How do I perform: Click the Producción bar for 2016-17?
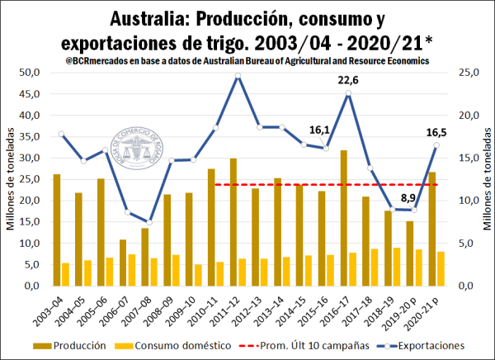pyautogui.click(x=343, y=218)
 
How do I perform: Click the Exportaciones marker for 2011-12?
pyautogui.click(x=238, y=76)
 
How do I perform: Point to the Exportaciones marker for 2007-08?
pyautogui.click(x=149, y=222)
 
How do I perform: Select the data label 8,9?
pyautogui.click(x=408, y=197)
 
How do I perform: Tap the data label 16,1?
pyautogui.click(x=320, y=130)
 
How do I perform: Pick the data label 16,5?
pyautogui.click(x=436, y=130)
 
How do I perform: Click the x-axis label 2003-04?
pyautogui.click(x=54, y=309)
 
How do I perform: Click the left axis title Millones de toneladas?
pyautogui.click(x=12, y=180)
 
